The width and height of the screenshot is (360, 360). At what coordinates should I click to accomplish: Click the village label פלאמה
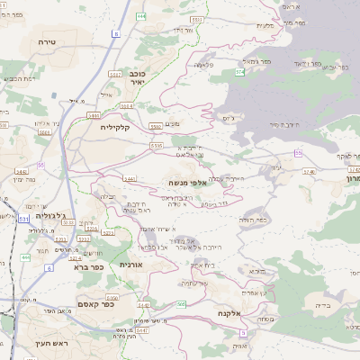pyautogui.click(x=202, y=64)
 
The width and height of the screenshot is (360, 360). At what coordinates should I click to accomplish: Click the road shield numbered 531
pyautogui.click(x=23, y=218)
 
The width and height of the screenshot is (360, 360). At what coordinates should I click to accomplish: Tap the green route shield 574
pyautogui.click(x=240, y=71)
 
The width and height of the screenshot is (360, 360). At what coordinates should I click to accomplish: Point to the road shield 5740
pyautogui.click(x=310, y=171)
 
